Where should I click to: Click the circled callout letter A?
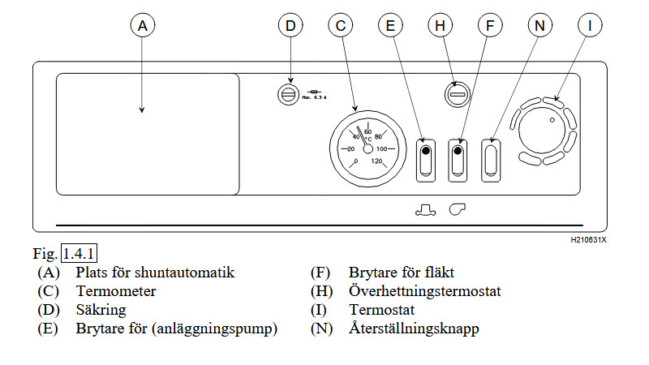coord(142,26)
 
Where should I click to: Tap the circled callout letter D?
coord(290,26)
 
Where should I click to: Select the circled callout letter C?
coord(340,26)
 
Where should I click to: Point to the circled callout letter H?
coord(440,26)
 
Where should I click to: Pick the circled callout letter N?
coord(539,26)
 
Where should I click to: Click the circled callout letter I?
coord(590,26)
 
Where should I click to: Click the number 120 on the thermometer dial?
coord(376,161)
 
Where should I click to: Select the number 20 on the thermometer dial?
coord(350,149)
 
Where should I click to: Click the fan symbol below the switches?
coord(458,210)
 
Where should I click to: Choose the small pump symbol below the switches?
coord(425,210)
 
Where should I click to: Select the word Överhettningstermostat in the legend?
coord(425,291)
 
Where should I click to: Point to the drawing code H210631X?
coord(588,241)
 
